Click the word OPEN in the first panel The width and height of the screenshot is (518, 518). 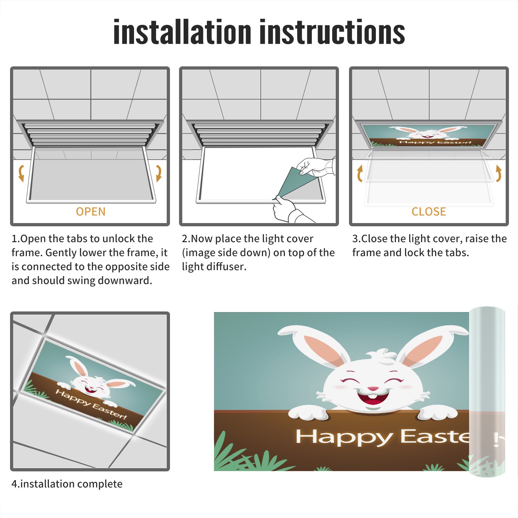[x=91, y=212]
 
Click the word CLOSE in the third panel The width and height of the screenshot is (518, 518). [x=429, y=212]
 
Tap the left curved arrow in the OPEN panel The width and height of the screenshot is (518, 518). [x=21, y=173]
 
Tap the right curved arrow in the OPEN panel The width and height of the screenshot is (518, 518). [x=159, y=173]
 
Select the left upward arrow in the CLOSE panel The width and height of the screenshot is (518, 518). [x=360, y=173]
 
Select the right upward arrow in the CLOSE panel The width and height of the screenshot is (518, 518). [x=499, y=173]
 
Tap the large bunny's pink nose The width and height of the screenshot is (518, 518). [x=373, y=388]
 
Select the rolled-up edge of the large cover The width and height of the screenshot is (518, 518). [x=487, y=392]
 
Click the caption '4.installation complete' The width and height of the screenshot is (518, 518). [x=67, y=484]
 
